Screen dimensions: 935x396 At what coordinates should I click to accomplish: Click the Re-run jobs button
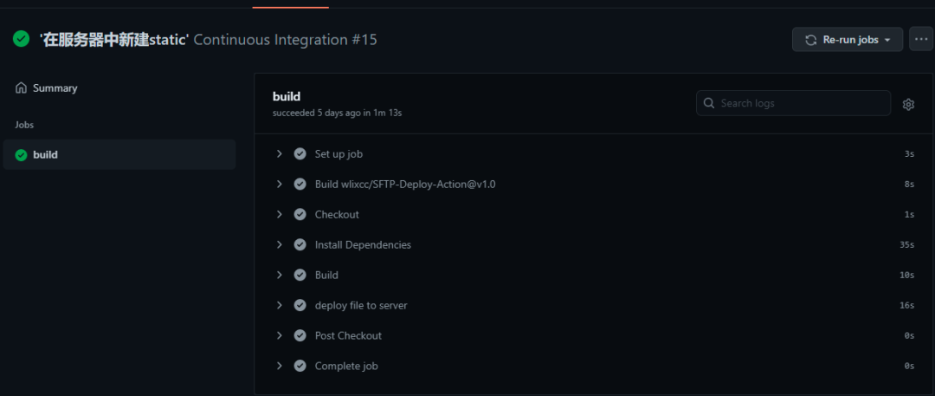click(847, 39)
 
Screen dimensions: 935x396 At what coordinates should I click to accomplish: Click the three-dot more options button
click(920, 39)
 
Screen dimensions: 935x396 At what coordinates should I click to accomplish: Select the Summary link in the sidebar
click(55, 88)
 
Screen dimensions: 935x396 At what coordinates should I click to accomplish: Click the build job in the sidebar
click(45, 154)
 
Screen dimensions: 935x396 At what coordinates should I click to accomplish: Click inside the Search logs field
click(793, 103)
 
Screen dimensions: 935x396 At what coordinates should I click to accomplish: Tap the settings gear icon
click(908, 104)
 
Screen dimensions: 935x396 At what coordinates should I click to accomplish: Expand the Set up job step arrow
click(279, 153)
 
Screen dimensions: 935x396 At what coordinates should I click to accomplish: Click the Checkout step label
click(337, 214)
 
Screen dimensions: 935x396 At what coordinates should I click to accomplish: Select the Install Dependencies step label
click(363, 244)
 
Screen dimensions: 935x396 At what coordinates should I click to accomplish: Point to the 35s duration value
click(906, 244)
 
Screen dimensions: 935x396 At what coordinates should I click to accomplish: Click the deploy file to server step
click(361, 305)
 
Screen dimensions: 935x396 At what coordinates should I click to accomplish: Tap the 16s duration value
click(906, 305)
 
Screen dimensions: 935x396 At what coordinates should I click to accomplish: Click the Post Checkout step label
click(348, 335)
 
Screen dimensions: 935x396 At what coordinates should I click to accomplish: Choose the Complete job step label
click(346, 366)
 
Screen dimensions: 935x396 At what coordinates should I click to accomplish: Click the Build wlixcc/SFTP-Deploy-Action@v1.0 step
click(405, 184)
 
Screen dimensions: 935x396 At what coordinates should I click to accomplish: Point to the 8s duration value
click(909, 184)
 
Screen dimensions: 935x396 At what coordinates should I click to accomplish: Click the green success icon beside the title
click(21, 39)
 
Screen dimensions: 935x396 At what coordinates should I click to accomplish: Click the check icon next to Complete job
click(300, 366)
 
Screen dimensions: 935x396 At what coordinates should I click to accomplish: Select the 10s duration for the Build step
click(906, 275)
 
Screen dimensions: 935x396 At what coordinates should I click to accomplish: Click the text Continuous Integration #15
click(285, 40)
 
